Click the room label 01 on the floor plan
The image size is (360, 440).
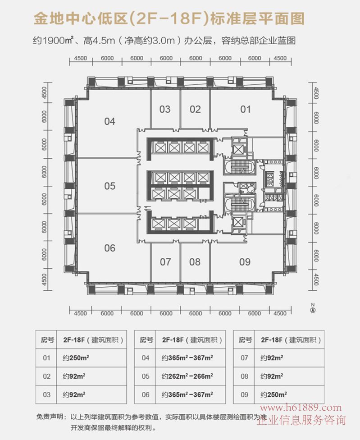[245, 109]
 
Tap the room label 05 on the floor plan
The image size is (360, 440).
[109, 186]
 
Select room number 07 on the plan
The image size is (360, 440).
[165, 262]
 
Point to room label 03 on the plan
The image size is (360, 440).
[165, 109]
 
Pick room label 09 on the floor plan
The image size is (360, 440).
[245, 262]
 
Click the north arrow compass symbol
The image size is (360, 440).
[313, 308]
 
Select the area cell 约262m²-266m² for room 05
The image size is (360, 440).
[187, 376]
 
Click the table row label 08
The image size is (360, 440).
[244, 376]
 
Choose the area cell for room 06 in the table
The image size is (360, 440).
[187, 394]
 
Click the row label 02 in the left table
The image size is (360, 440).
[46, 376]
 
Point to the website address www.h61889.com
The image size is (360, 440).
[301, 408]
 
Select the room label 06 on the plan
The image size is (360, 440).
[109, 248]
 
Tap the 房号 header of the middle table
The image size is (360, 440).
[146, 340]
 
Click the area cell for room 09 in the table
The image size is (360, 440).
[273, 394]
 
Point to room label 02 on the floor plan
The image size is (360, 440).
[195, 109]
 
